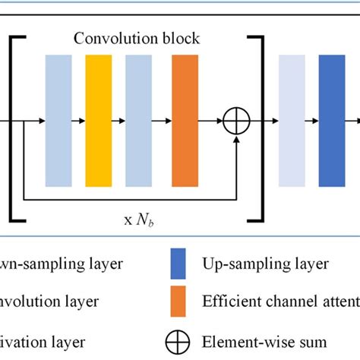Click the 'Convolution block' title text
click(137, 38)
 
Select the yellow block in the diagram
click(98, 121)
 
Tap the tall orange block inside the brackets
click(185, 121)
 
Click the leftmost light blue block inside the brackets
click(58, 121)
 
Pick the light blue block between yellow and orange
click(138, 121)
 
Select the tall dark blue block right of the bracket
click(331, 121)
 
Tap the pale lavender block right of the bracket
click(292, 121)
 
